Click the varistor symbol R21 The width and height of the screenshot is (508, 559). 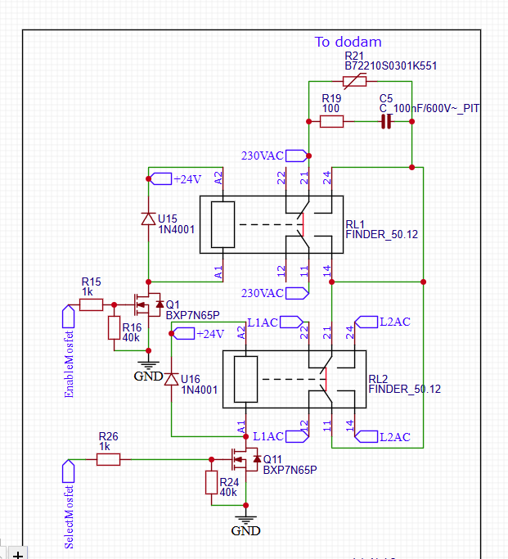[354, 81]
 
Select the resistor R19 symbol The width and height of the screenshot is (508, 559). [331, 122]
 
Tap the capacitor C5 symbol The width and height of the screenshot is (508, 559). [386, 122]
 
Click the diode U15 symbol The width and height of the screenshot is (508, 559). [149, 219]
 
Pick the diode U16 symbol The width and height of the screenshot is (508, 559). [171, 379]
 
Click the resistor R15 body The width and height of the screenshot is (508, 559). [91, 304]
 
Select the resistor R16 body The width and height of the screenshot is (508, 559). [114, 327]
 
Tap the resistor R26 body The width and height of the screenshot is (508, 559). [108, 459]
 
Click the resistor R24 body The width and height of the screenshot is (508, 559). [211, 482]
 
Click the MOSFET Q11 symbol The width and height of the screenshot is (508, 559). [245, 459]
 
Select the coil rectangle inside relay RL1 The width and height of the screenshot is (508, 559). [223, 224]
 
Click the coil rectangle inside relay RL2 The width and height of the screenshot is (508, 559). [245, 379]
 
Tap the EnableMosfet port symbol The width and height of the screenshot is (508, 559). [69, 317]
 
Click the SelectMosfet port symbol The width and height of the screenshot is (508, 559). [69, 471]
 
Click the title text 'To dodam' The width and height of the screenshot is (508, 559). [348, 42]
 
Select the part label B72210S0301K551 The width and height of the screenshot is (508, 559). [390, 66]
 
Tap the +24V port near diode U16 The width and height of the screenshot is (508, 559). [184, 334]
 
